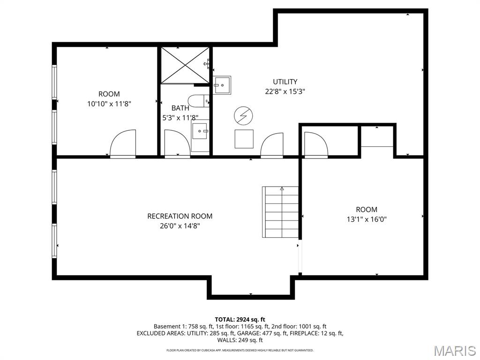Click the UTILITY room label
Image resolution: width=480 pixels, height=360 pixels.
pos(285,82)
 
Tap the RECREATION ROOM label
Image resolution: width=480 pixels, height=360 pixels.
pos(180,216)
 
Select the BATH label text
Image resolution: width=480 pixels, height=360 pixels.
pos(180,108)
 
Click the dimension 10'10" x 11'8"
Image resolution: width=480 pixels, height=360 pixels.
pos(109,104)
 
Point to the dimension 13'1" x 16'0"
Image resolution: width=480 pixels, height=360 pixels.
pos(366,219)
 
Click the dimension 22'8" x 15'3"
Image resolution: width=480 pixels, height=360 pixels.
pos(285,92)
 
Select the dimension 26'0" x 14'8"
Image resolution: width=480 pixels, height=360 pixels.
pos(180,226)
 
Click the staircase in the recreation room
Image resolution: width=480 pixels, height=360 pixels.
pos(280,212)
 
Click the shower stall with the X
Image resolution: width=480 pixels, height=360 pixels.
pos(185,65)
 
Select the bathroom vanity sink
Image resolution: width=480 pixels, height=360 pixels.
pos(200,131)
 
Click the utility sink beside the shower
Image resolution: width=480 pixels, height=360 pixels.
pos(222,85)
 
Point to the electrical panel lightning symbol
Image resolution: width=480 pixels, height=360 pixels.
pos(243,115)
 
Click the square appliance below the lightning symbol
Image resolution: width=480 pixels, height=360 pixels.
pos(244,139)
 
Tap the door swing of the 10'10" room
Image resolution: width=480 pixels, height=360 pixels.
pos(123,143)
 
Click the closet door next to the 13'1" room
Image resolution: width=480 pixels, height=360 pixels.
pos(316,145)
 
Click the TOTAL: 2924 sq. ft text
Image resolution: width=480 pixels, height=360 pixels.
pos(240,319)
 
